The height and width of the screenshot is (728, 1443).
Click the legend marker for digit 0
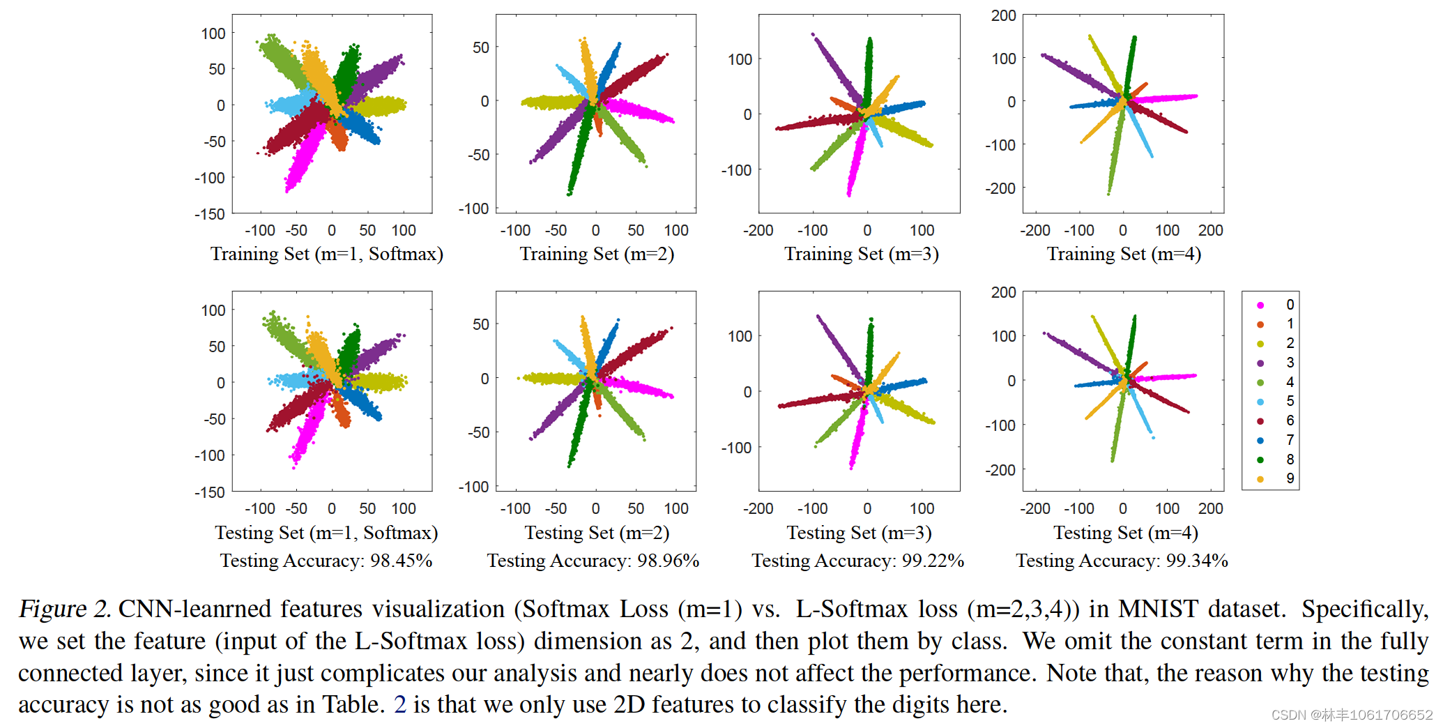1260,305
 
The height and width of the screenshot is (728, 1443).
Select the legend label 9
1290,479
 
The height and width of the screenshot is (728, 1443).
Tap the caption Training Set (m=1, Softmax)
326,254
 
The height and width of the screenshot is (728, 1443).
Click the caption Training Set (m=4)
1124,254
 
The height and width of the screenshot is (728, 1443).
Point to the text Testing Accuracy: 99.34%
1122,561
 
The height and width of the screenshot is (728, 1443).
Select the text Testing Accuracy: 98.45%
326,561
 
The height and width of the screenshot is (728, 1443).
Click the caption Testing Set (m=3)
859,533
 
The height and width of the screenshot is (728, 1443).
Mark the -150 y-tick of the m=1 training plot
210,214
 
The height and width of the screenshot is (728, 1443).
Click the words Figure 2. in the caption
64,609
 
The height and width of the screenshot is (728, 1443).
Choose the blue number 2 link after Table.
399,704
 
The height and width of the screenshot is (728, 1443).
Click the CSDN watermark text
1351,715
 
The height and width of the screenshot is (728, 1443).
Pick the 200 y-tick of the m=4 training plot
1003,15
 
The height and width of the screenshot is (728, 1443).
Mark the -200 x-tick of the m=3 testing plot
758,508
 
